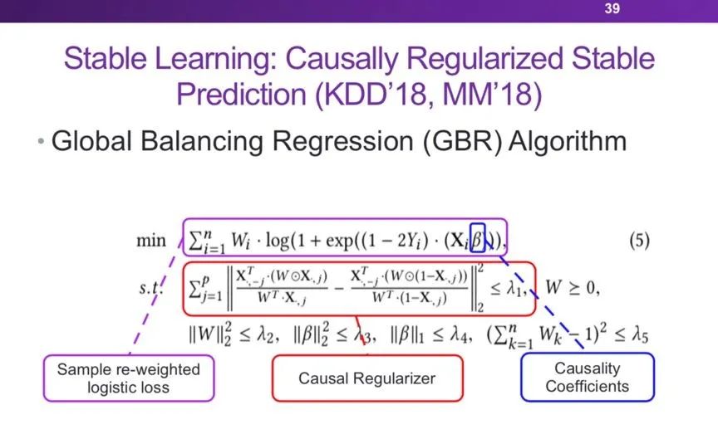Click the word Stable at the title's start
(x=107, y=60)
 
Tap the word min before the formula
(x=155, y=241)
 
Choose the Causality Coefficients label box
(x=587, y=377)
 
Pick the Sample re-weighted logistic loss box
(x=128, y=378)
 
